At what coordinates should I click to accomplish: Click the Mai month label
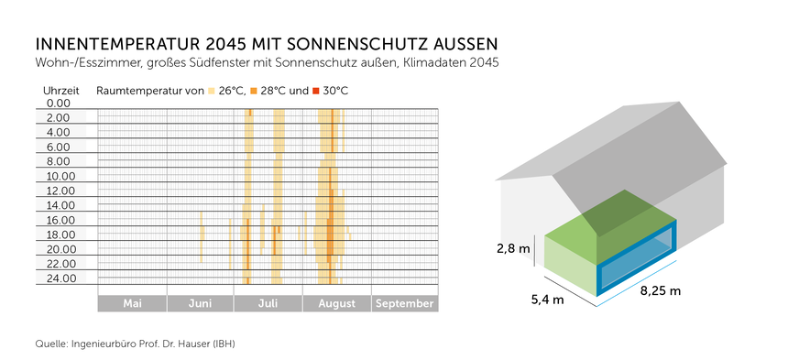click(x=132, y=303)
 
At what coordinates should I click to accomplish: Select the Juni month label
click(x=200, y=303)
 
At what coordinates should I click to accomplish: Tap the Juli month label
click(x=268, y=303)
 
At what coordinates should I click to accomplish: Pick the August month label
click(x=336, y=303)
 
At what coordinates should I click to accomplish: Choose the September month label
click(x=405, y=303)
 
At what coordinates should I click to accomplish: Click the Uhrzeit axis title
click(x=61, y=91)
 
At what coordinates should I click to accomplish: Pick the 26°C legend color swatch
click(x=213, y=91)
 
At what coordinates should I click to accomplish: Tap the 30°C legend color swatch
click(x=317, y=91)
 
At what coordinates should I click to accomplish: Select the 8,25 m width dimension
click(x=660, y=291)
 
